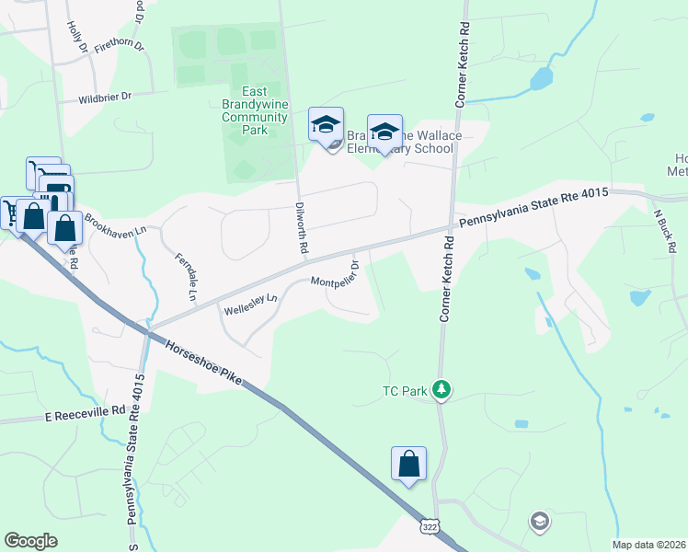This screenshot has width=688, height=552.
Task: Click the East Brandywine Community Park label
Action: [255, 110]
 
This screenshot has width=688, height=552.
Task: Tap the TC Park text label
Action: [405, 391]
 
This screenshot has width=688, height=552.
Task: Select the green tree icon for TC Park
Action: [442, 390]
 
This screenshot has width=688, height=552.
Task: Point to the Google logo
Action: [30, 541]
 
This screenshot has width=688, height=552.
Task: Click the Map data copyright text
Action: [648, 545]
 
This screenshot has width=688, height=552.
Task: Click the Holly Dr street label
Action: [76, 36]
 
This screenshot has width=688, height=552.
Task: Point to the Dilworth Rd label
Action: [301, 228]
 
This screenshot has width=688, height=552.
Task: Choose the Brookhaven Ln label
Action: [116, 224]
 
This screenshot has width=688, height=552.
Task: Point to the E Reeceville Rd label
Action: [84, 414]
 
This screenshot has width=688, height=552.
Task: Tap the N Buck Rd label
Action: [665, 230]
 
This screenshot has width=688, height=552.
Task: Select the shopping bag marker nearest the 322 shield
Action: [408, 464]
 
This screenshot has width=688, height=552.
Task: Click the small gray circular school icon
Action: [540, 522]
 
